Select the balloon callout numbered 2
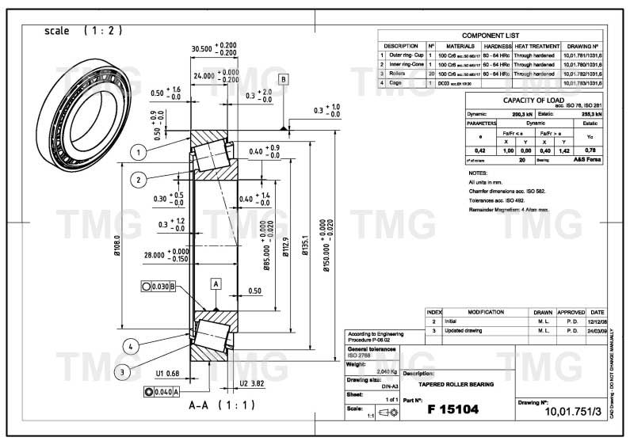(x=138, y=180)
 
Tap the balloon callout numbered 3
(x=121, y=371)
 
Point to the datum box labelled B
(x=283, y=79)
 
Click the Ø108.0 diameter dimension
(x=116, y=249)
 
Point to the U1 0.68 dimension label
(x=167, y=373)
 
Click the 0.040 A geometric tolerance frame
(x=162, y=391)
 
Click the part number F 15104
(x=454, y=409)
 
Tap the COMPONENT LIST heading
(x=491, y=36)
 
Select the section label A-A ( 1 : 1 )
(x=212, y=405)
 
